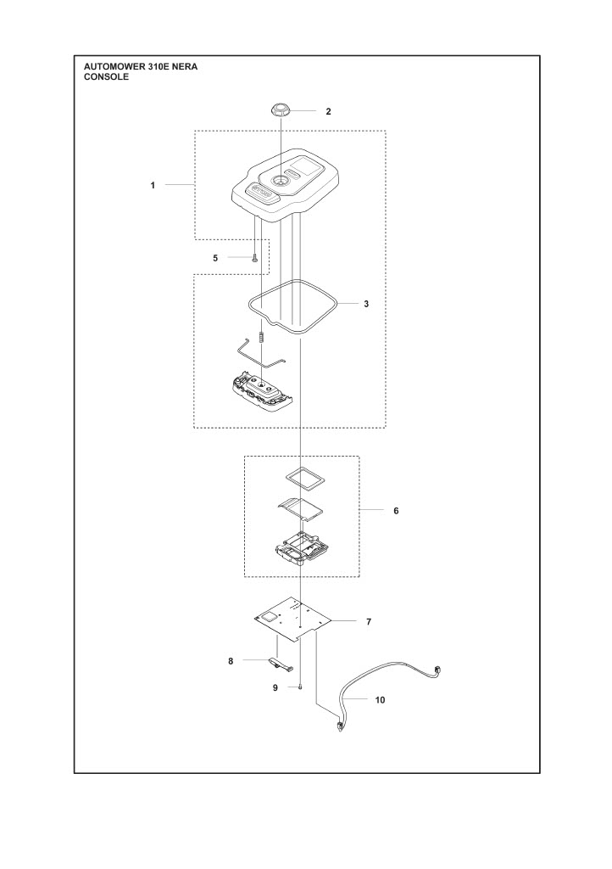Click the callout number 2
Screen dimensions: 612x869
328,111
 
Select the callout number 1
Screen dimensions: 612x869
153,186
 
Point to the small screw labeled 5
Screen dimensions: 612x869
254,257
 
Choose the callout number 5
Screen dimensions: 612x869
216,258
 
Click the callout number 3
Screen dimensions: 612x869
366,304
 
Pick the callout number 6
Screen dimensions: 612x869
396,511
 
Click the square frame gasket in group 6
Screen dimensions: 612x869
304,477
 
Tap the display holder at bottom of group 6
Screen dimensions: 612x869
302,549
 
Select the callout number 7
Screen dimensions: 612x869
369,622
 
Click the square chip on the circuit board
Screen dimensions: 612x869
271,617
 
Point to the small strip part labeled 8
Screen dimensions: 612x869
281,664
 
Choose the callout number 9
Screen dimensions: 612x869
275,688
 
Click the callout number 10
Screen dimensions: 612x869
380,700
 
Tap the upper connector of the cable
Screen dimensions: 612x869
439,670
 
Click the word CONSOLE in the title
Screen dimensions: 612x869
106,77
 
